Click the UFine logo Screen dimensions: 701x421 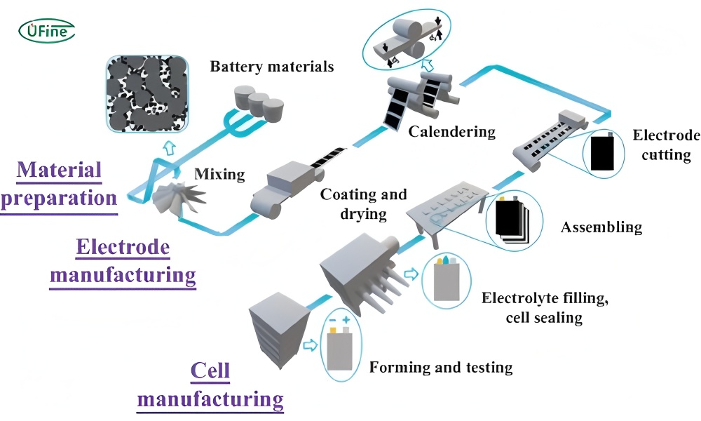pyautogui.click(x=46, y=31)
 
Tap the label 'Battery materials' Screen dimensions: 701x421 pyautogui.click(x=272, y=67)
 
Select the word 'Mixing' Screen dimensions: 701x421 pyautogui.click(x=219, y=174)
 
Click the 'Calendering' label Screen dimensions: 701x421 pyautogui.click(x=452, y=132)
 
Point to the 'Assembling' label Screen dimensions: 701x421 pyautogui.click(x=601, y=227)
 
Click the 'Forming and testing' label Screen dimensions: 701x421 pyautogui.click(x=441, y=367)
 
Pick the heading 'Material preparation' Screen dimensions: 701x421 pyautogui.click(x=59, y=185)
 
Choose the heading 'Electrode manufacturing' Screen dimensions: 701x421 pyautogui.click(x=123, y=262)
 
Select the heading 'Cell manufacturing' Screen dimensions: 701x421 pyautogui.click(x=210, y=386)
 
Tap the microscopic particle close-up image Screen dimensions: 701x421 pyautogui.click(x=147, y=93)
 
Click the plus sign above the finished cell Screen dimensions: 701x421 pyautogui.click(x=346, y=320)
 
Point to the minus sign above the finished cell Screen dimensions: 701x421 pyautogui.click(x=332, y=321)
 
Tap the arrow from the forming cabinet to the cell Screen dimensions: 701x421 pyautogui.click(x=310, y=345)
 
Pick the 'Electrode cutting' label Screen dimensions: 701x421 pyautogui.click(x=666, y=145)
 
